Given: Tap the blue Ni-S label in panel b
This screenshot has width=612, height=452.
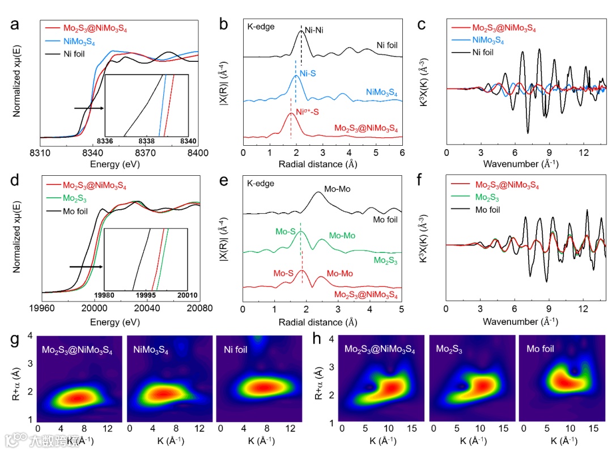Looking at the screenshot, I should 307,73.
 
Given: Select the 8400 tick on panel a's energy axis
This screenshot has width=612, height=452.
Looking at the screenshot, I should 198,153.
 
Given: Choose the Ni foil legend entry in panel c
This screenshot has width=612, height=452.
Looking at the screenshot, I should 482,53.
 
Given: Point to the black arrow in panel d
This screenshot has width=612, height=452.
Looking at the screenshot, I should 84,266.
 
